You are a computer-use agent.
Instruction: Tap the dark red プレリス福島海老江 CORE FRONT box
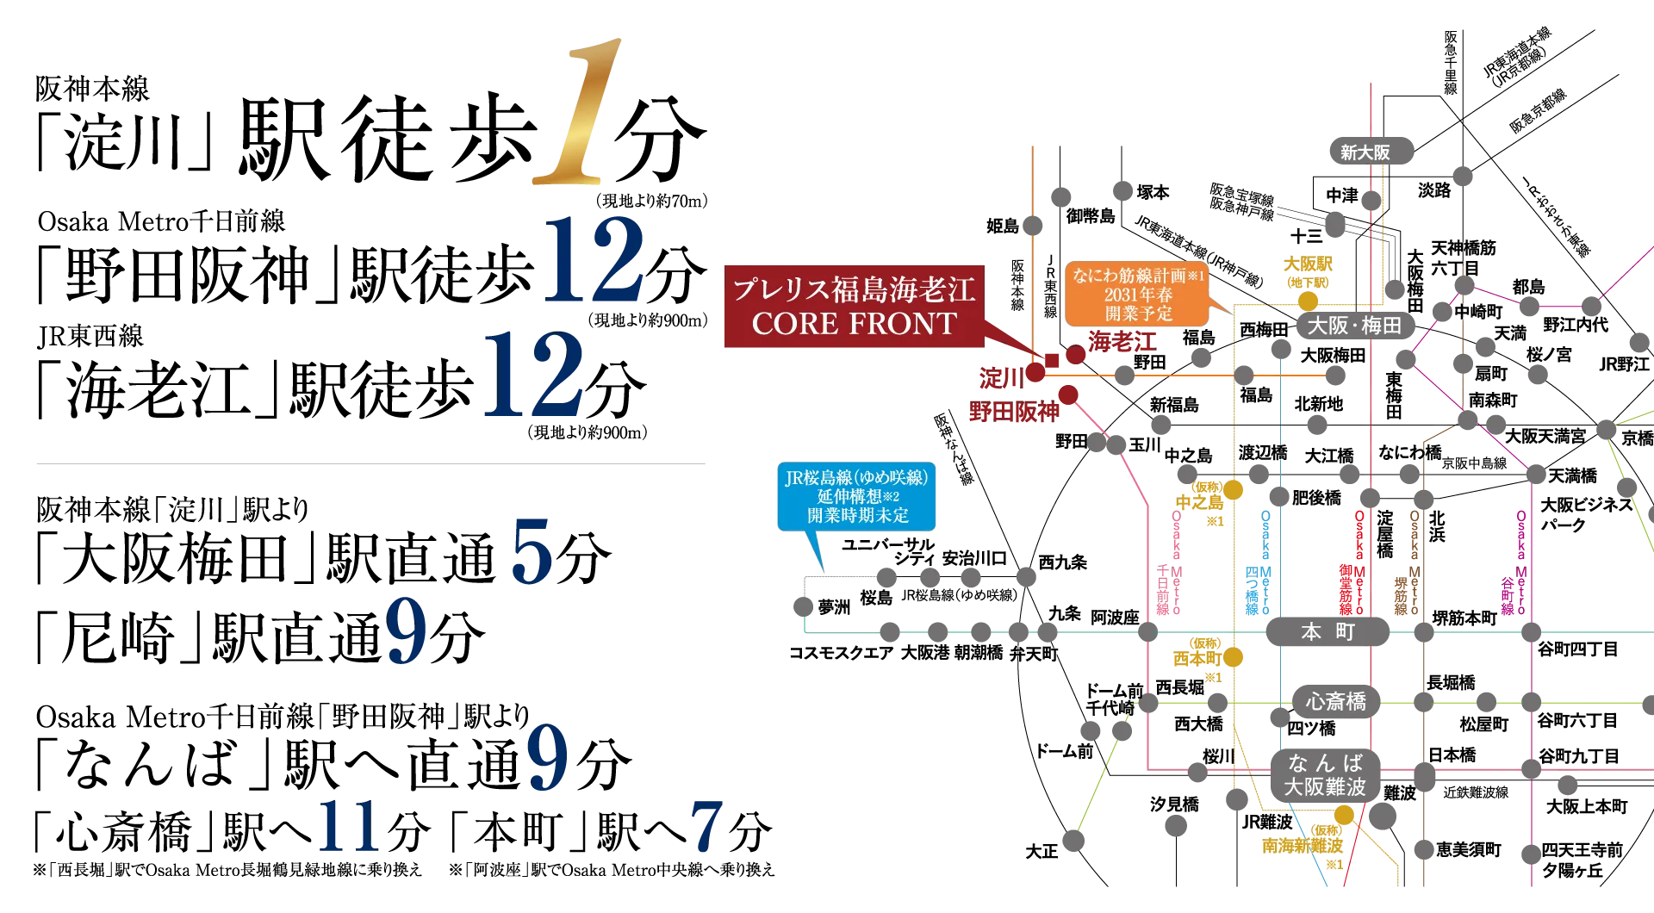pos(854,307)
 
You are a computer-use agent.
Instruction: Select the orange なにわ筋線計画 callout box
pos(1137,294)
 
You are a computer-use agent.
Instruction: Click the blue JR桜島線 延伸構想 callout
pos(856,497)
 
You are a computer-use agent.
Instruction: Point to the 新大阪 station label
pos(1365,152)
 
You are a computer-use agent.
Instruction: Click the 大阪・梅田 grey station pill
pos(1354,325)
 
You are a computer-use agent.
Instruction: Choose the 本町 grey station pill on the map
pos(1328,631)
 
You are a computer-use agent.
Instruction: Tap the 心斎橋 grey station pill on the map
pos(1335,702)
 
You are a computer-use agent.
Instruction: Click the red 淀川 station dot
pos(1035,372)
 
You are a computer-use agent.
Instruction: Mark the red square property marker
pos(1052,360)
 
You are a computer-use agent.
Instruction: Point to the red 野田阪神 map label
pos(1014,412)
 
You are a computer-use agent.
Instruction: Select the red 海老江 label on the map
pos(1122,342)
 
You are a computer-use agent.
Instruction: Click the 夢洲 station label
pos(834,607)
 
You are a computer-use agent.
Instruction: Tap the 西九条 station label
pos(1063,562)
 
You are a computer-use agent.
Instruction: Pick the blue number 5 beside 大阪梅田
pos(531,552)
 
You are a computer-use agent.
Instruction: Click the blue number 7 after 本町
pos(706,827)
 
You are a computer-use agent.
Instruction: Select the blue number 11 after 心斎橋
pos(350,827)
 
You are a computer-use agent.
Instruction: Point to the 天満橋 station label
pos(1572,475)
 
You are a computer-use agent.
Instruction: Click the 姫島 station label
pos(1003,226)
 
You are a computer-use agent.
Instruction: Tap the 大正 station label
pos(1042,851)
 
